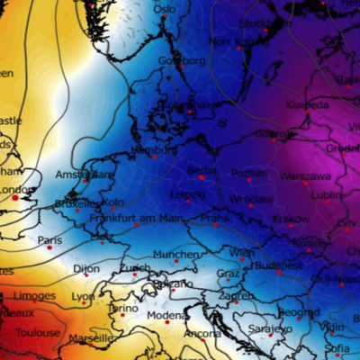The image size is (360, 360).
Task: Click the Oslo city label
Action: point(165,9)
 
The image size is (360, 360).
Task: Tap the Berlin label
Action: point(203,170)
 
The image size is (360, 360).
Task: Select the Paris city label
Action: point(50,240)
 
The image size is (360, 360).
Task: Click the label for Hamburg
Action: point(154,149)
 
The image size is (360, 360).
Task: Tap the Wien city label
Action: point(241,253)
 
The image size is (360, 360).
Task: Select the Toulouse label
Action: point(37,332)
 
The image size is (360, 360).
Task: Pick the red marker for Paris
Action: point(49,247)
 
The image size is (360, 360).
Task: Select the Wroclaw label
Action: point(250,198)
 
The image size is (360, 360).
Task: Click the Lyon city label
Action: point(83,296)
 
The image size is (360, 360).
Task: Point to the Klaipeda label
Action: point(308,104)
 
